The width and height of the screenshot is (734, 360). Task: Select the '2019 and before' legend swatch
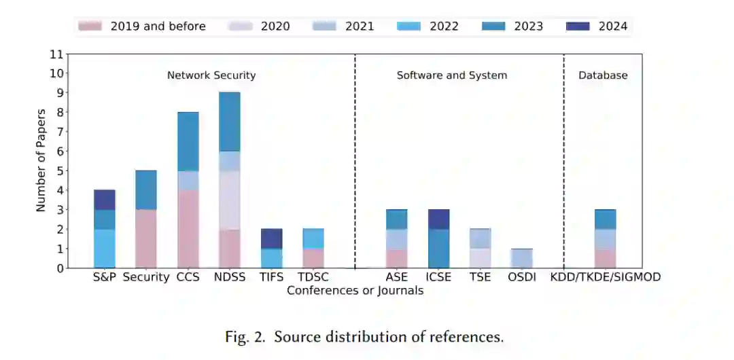click(90, 26)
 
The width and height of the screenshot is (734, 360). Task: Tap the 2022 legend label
click(443, 26)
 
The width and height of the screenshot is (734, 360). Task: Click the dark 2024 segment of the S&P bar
click(105, 200)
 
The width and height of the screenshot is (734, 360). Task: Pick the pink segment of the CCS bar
click(188, 229)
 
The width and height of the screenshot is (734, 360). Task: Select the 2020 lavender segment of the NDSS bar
click(229, 200)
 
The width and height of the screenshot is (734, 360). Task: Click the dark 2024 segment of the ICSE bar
click(438, 219)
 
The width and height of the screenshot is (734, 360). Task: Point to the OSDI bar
click(522, 258)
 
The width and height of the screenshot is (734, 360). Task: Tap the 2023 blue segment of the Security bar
click(146, 190)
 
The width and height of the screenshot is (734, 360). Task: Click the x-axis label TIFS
click(271, 277)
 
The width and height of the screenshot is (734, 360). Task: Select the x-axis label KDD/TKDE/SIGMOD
click(606, 277)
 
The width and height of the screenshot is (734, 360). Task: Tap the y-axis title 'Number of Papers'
click(41, 160)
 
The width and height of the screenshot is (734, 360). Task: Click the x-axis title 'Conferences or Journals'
click(355, 291)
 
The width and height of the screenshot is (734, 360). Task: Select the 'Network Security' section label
click(211, 75)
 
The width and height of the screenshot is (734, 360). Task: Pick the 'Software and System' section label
click(452, 75)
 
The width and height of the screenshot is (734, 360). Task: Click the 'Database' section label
click(603, 75)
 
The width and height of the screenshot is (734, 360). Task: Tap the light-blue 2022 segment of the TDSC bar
click(313, 238)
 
